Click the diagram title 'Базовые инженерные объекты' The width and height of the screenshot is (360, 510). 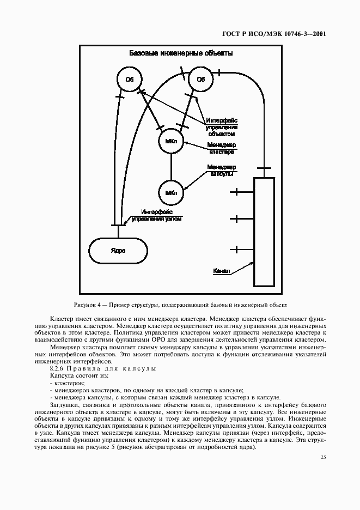(x=180, y=53)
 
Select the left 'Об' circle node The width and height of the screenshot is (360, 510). (x=129, y=80)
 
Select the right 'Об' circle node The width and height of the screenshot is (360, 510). (x=200, y=80)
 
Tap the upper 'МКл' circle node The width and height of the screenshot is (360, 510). (x=171, y=142)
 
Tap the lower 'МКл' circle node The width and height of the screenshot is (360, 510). (x=171, y=192)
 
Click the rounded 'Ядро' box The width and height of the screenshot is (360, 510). (x=118, y=251)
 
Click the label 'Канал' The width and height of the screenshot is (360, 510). (x=222, y=270)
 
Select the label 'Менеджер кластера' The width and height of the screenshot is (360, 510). (x=221, y=149)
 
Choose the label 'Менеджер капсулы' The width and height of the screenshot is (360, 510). (x=221, y=171)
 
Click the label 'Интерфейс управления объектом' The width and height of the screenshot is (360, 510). (x=221, y=126)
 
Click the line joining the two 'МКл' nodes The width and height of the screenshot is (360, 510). (x=171, y=167)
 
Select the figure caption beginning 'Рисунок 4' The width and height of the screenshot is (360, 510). (x=180, y=305)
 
